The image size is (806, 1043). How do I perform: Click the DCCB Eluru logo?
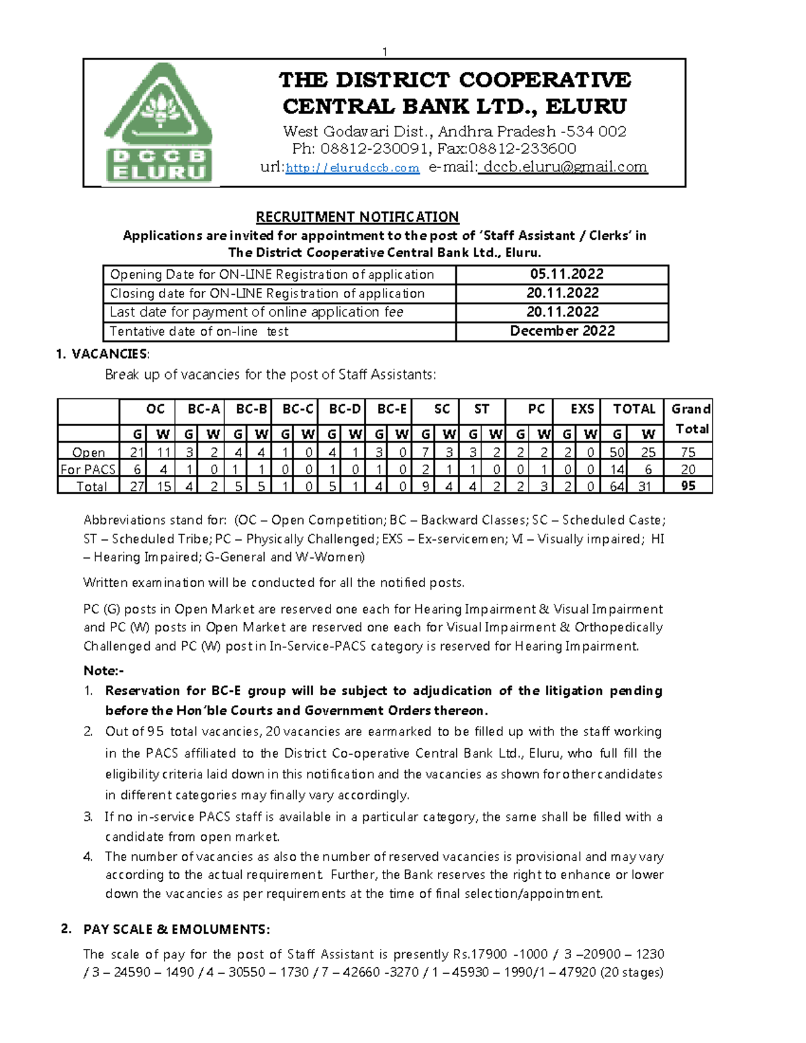159,123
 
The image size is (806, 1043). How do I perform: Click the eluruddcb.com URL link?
352,168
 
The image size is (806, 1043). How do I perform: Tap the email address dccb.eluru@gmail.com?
565,167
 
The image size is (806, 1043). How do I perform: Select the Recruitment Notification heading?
357,217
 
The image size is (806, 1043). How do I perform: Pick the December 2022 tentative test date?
562,331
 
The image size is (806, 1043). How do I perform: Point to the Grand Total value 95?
688,486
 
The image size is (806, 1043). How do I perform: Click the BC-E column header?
392,409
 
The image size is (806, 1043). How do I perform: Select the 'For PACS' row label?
88,469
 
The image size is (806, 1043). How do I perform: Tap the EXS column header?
582,409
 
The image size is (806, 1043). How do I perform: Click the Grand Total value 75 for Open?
688,452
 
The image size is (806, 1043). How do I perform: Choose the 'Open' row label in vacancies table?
89,453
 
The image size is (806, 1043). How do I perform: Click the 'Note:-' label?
103,670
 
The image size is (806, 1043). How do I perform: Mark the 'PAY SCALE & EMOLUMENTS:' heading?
176,929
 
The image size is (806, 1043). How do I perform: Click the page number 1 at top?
385,52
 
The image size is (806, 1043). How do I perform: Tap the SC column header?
442,409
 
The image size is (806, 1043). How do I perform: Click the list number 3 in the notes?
88,817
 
